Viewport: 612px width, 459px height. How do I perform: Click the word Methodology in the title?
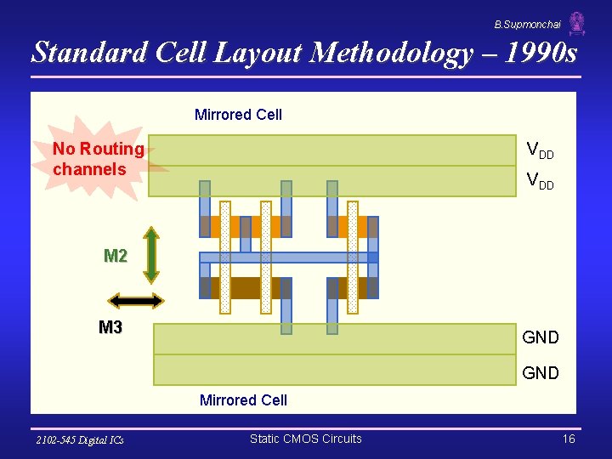tap(391, 54)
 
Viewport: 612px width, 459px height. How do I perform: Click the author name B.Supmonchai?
tap(527, 25)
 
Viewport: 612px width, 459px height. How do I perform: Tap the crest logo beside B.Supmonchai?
tap(577, 23)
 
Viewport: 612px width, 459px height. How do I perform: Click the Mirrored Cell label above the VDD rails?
tap(238, 115)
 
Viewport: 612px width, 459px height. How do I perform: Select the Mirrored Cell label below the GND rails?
tap(243, 399)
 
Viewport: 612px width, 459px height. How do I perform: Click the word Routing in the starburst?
tap(110, 149)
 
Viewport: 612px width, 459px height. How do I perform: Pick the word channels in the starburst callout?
tap(89, 169)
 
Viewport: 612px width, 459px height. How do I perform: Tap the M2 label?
tap(116, 256)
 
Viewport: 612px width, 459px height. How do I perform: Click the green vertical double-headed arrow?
tap(150, 254)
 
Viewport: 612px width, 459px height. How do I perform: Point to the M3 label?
tap(110, 327)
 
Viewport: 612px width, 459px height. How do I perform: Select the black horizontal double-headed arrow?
tap(136, 300)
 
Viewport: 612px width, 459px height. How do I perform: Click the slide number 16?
tap(569, 439)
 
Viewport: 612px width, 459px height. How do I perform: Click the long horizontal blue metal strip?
tap(289, 258)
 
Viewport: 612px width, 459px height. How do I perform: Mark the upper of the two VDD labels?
tap(540, 150)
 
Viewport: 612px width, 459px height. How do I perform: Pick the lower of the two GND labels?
tap(540, 372)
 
